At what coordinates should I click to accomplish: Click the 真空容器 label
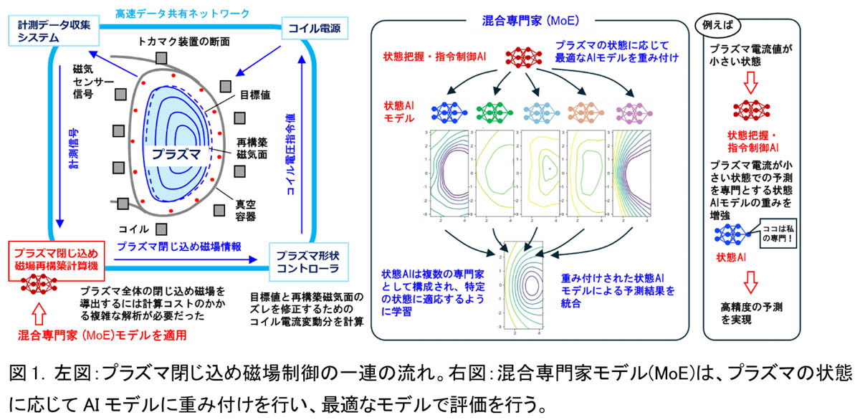coord(246,210)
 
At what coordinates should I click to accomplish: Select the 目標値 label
coord(254,94)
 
